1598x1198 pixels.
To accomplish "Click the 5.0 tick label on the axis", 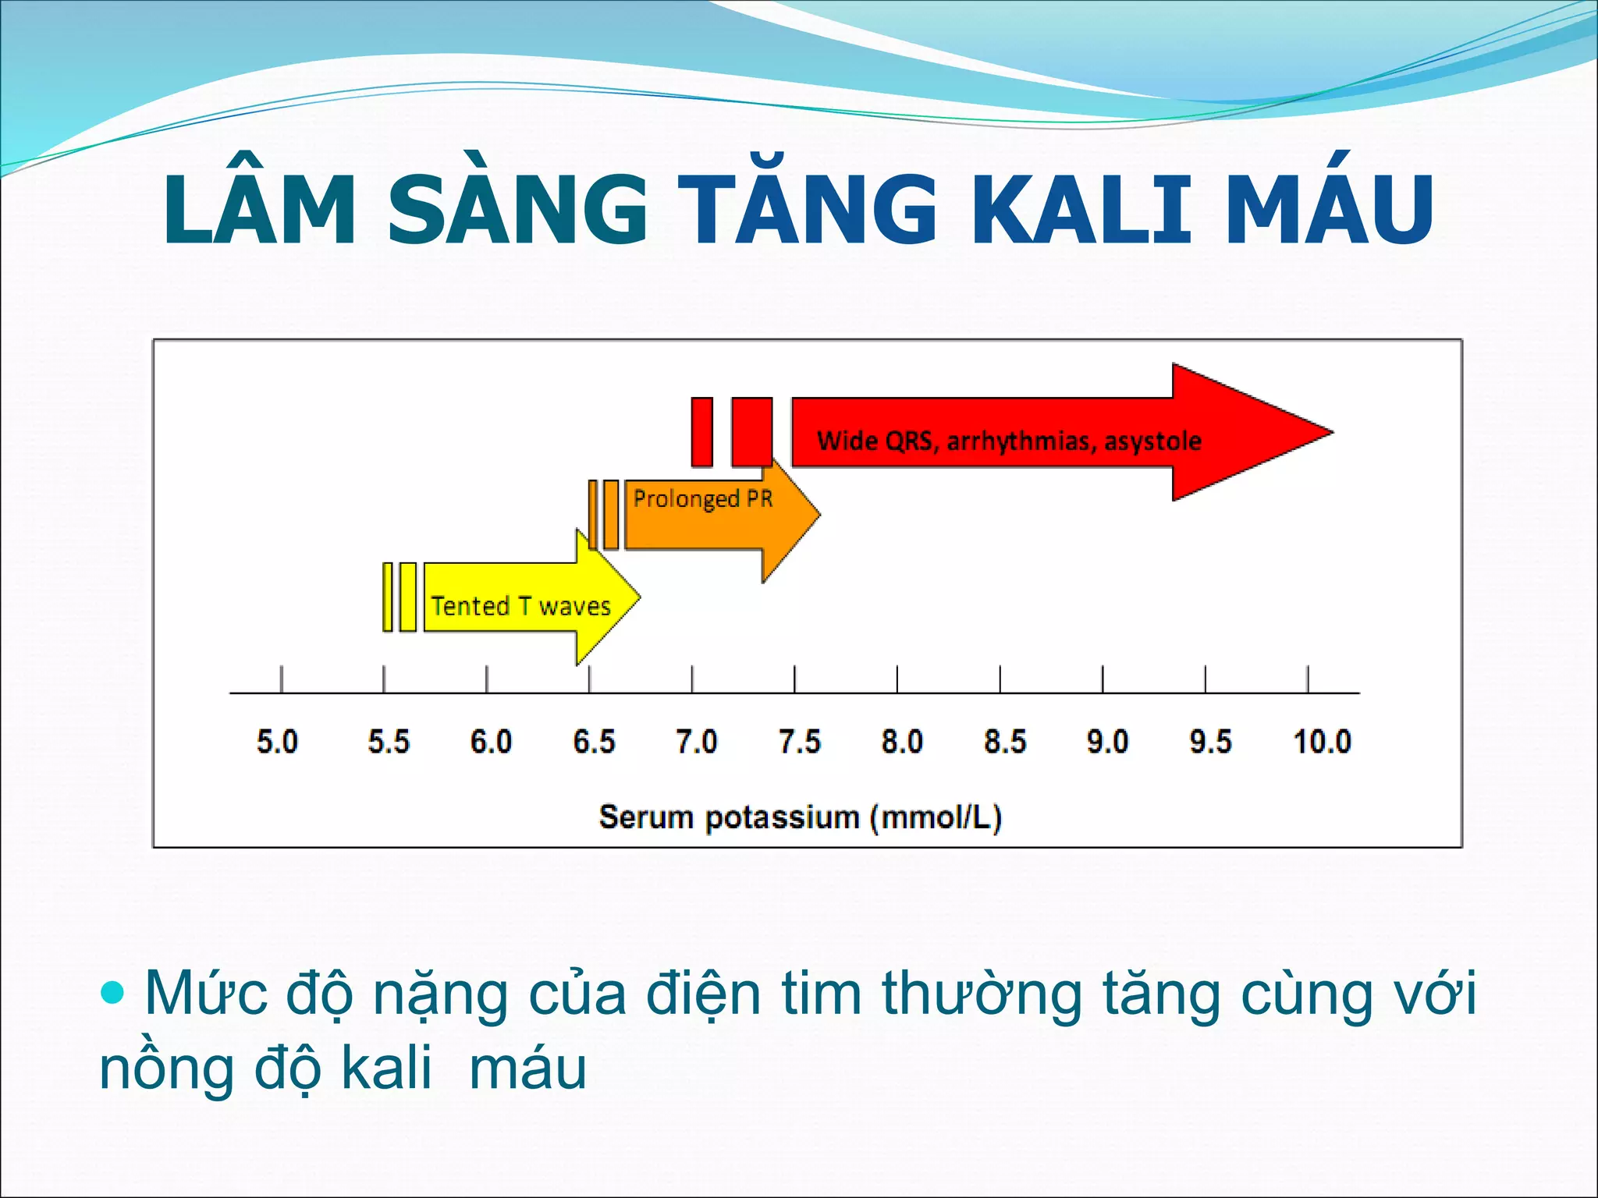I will tap(277, 741).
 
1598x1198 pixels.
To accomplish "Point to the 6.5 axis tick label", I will tap(594, 741).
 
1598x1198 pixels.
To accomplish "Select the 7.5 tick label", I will tap(800, 741).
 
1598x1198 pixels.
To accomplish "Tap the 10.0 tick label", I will tap(1322, 741).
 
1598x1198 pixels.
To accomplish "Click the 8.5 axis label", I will tap(1005, 741).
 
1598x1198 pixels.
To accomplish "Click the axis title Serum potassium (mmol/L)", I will tap(800, 817).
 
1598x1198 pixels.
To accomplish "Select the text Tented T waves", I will tap(520, 606).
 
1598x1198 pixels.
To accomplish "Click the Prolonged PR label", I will tap(702, 498).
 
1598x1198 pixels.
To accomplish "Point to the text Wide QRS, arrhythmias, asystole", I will tap(1008, 441).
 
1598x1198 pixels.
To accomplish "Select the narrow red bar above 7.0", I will tap(701, 431).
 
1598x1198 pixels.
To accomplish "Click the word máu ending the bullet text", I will tap(527, 1069).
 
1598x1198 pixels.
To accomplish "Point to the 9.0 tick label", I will tap(1107, 741).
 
